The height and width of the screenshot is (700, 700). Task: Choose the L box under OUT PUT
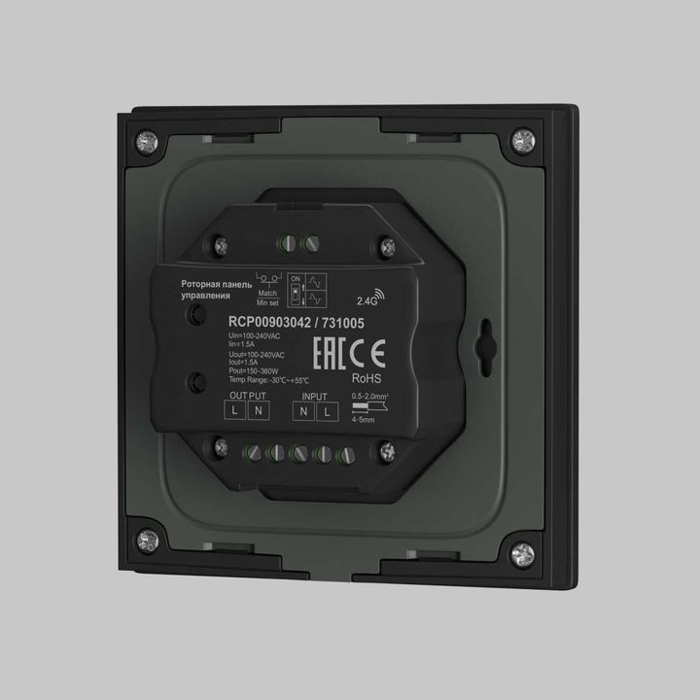click(236, 411)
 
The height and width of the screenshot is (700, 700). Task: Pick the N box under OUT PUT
click(258, 411)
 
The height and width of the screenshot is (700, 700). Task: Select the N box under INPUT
click(305, 412)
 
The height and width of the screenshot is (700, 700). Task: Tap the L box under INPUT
click(327, 412)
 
